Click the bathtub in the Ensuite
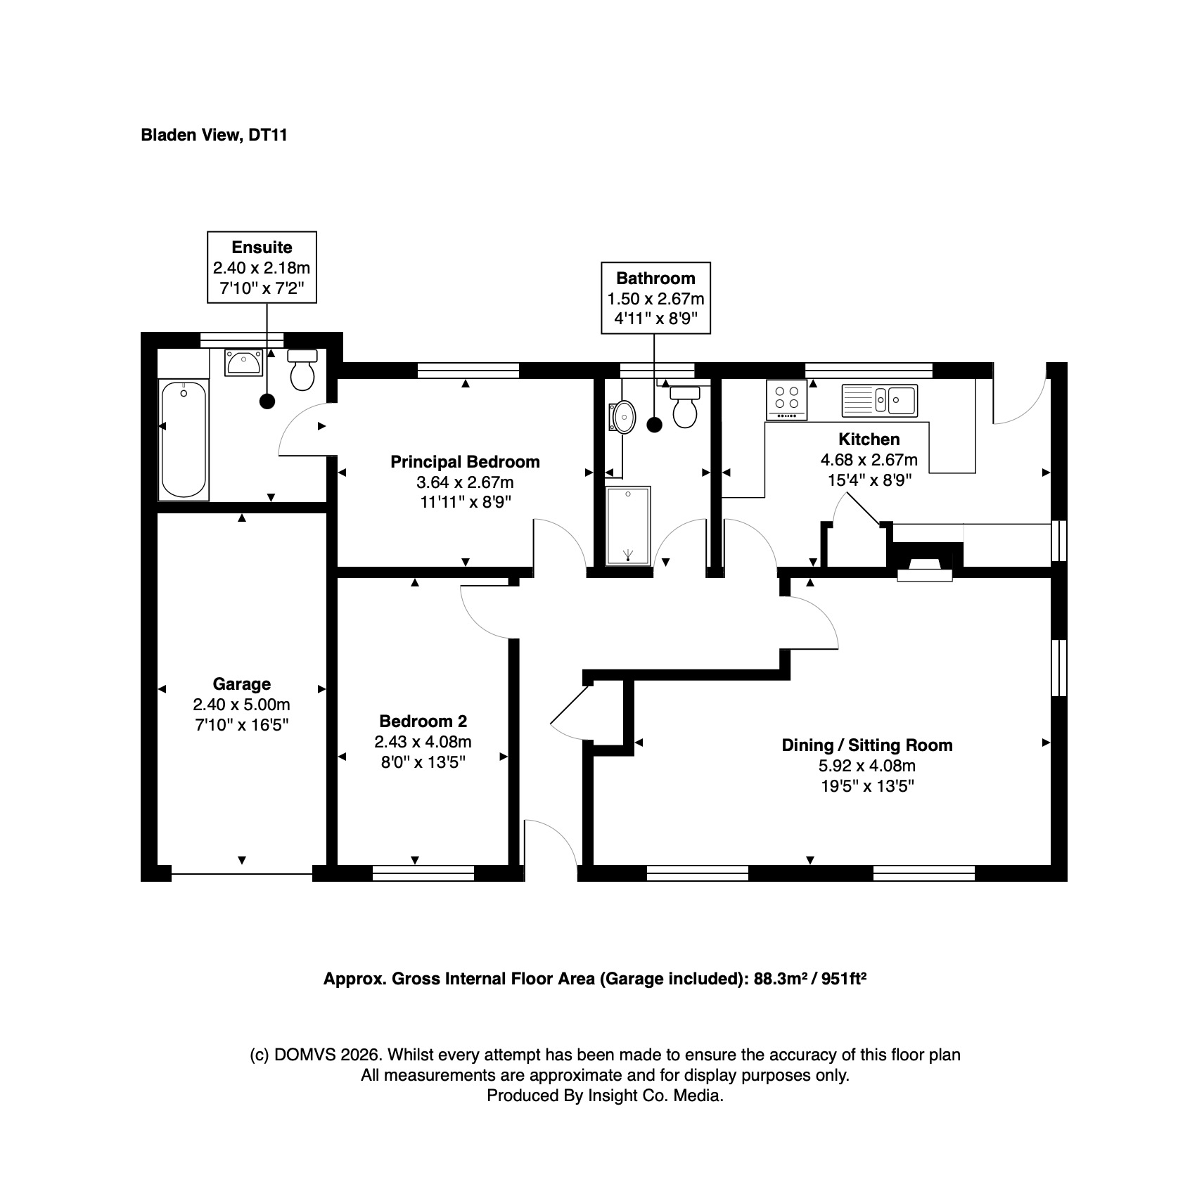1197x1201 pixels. point(184,439)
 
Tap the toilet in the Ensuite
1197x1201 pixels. point(302,369)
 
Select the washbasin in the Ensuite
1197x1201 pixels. point(243,363)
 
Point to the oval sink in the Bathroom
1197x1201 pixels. point(624,417)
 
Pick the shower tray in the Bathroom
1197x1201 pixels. point(628,525)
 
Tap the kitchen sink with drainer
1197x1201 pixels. point(879,400)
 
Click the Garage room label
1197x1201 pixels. point(241,684)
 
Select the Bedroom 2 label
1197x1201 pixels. point(423,721)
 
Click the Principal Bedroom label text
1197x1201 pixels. point(465,463)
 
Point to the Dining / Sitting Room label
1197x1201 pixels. point(867,745)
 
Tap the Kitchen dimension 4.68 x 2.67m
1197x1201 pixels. point(869,461)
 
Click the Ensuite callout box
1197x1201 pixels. point(262,267)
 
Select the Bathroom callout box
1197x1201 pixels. point(655,297)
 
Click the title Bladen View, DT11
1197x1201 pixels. point(215,135)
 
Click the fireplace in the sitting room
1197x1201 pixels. point(925,560)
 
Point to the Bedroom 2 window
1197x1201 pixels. point(423,874)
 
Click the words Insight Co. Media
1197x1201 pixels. point(655,1096)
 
